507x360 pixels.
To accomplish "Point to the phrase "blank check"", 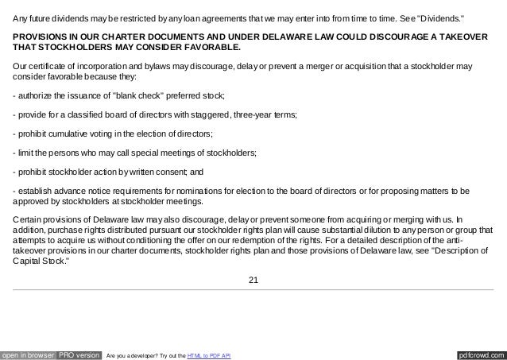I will click(140, 96).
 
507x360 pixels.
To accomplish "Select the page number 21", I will click(253, 279).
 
